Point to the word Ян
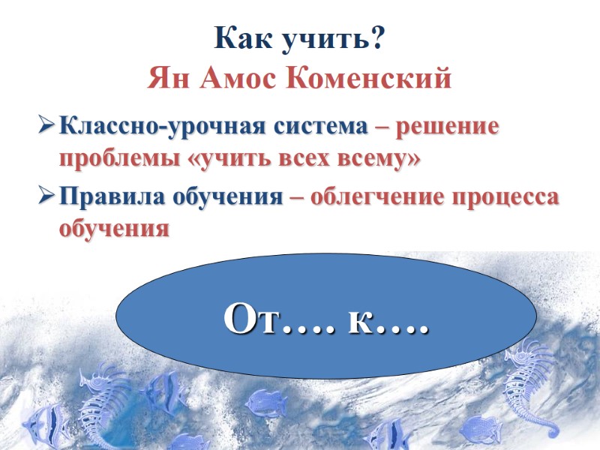(168, 77)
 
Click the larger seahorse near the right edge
(532, 382)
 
